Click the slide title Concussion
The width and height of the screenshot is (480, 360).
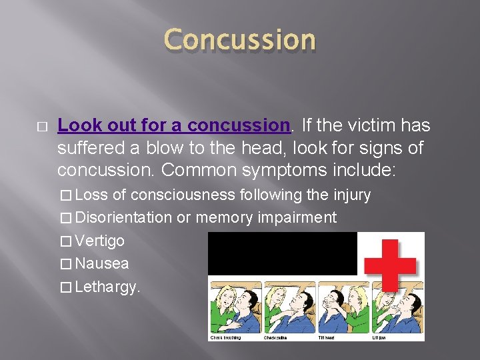tap(240, 40)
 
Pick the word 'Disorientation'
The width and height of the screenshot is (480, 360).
tap(124, 217)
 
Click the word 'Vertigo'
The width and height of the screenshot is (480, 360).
tap(100, 241)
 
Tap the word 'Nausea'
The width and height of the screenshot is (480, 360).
tap(102, 263)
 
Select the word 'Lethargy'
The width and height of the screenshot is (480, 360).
tap(105, 287)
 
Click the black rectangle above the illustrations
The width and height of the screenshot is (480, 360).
tap(283, 253)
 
